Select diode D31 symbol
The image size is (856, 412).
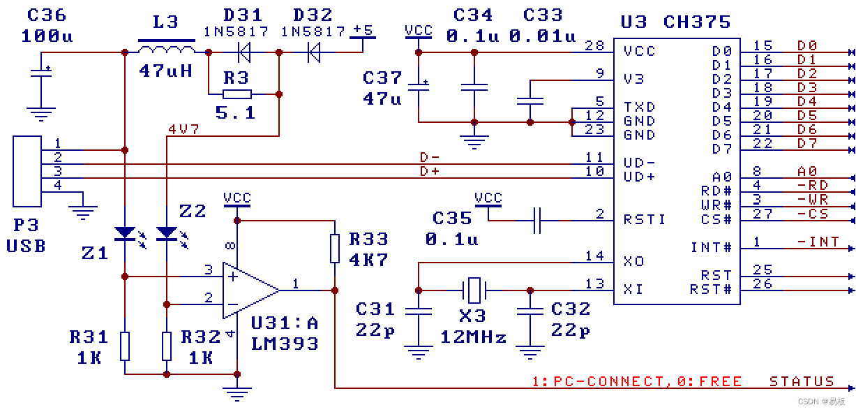click(243, 52)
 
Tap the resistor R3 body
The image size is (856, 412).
click(236, 94)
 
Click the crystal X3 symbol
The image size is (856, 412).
click(474, 289)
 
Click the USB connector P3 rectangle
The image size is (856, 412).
click(27, 170)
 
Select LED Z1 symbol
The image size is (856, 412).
click(125, 233)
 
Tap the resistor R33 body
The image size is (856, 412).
click(335, 248)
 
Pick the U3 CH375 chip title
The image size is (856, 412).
click(675, 22)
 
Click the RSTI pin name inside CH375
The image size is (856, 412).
click(645, 220)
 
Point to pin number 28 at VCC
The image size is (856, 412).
click(594, 45)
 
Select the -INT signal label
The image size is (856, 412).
click(818, 242)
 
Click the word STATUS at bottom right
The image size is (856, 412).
click(802, 381)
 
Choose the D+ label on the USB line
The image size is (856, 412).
click(429, 171)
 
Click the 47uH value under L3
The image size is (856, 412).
click(165, 71)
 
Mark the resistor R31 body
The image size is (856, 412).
click(125, 346)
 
